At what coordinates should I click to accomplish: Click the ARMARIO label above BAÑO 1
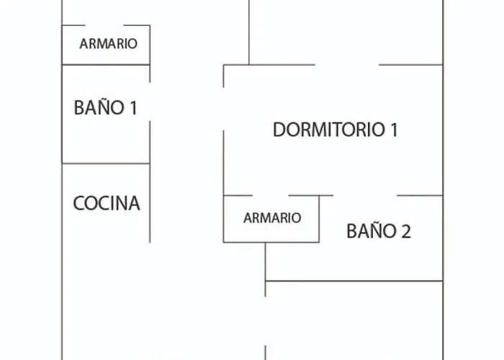click(x=108, y=44)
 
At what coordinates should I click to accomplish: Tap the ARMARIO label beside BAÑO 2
click(x=271, y=217)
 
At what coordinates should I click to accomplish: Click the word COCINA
click(x=107, y=204)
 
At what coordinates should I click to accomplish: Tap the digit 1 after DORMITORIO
click(x=393, y=130)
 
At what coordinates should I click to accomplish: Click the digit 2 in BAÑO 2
click(x=405, y=232)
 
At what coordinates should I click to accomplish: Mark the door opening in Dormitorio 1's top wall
click(x=347, y=65)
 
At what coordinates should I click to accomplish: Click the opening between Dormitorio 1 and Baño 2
click(x=365, y=195)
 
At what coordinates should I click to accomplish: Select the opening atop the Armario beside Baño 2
click(x=270, y=195)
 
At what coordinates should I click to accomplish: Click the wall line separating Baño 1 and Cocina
click(x=106, y=163)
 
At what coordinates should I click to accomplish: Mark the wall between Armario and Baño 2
click(x=319, y=219)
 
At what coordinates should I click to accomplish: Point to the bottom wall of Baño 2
click(x=354, y=281)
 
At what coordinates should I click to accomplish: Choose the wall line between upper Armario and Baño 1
click(x=106, y=65)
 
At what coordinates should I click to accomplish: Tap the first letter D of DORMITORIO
click(x=279, y=130)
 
